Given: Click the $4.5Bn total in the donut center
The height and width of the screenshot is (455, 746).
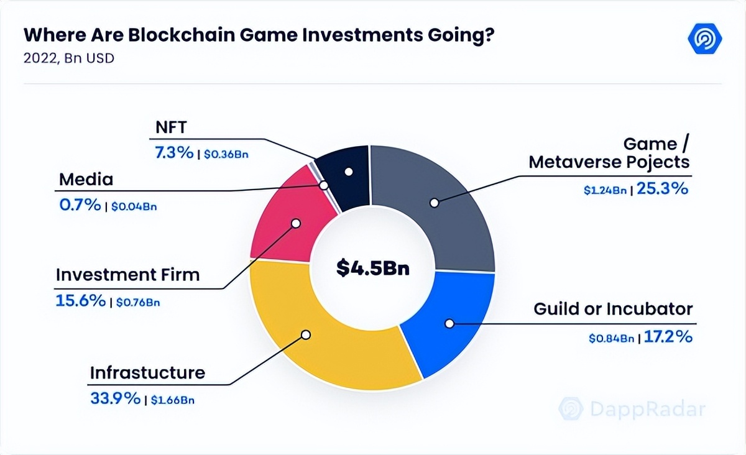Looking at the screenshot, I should pyautogui.click(x=373, y=268).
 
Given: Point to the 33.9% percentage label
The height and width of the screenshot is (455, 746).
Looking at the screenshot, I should pyautogui.click(x=115, y=399).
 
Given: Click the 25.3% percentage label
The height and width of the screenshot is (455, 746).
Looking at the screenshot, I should pyautogui.click(x=663, y=189).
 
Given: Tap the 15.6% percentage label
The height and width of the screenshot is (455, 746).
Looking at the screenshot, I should pyautogui.click(x=81, y=301).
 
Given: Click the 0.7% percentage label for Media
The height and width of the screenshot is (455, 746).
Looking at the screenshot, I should pyautogui.click(x=80, y=205).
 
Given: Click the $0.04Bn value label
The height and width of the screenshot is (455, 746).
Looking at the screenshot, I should pyautogui.click(x=134, y=206).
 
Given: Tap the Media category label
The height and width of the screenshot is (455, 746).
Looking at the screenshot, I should pyautogui.click(x=86, y=180).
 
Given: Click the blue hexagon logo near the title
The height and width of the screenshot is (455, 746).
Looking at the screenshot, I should pyautogui.click(x=704, y=40).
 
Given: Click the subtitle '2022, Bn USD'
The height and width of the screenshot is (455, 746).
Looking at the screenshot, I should pyautogui.click(x=68, y=60).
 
